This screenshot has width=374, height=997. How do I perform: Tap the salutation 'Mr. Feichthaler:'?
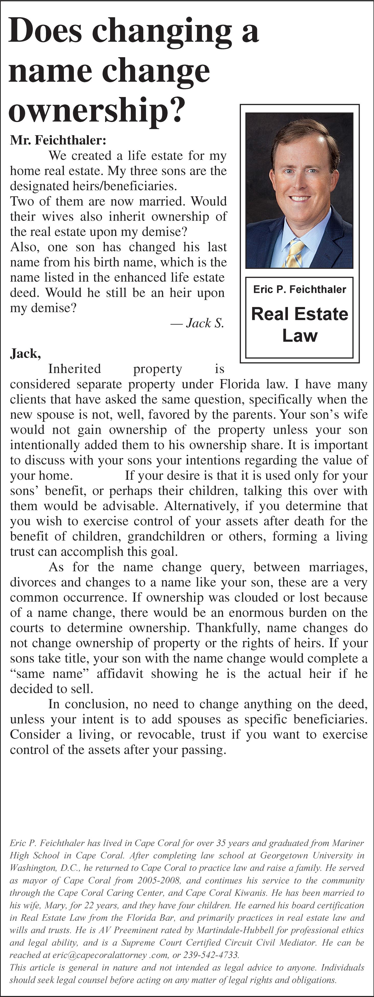click(x=58, y=140)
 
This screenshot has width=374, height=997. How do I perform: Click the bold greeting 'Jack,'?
click(x=26, y=353)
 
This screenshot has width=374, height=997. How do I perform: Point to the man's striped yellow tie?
click(x=295, y=254)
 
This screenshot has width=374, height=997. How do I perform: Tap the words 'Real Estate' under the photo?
click(x=300, y=314)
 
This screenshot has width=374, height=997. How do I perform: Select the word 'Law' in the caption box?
click(x=300, y=335)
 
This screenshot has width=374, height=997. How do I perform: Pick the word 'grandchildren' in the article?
click(x=166, y=536)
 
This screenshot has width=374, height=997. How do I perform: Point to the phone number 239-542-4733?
click(x=211, y=955)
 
